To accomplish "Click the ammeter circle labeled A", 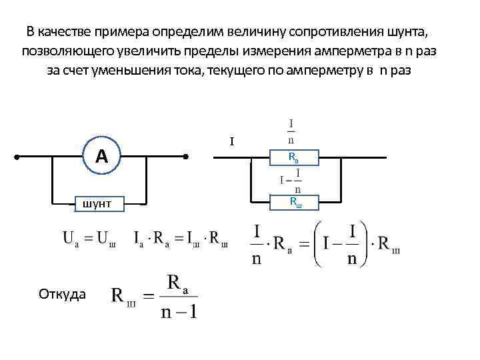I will click(x=101, y=157).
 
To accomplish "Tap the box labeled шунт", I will click(x=93, y=203).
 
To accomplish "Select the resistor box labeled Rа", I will click(x=294, y=158).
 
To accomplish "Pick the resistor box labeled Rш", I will click(x=295, y=201).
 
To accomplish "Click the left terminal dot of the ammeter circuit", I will click(x=18, y=158).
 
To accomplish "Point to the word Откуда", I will click(x=62, y=293).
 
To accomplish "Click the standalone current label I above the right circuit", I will click(x=232, y=142).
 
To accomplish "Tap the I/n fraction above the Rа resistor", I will click(x=291, y=131).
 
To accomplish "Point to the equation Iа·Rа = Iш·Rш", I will click(x=181, y=239).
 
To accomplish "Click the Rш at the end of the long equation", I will click(x=389, y=245).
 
